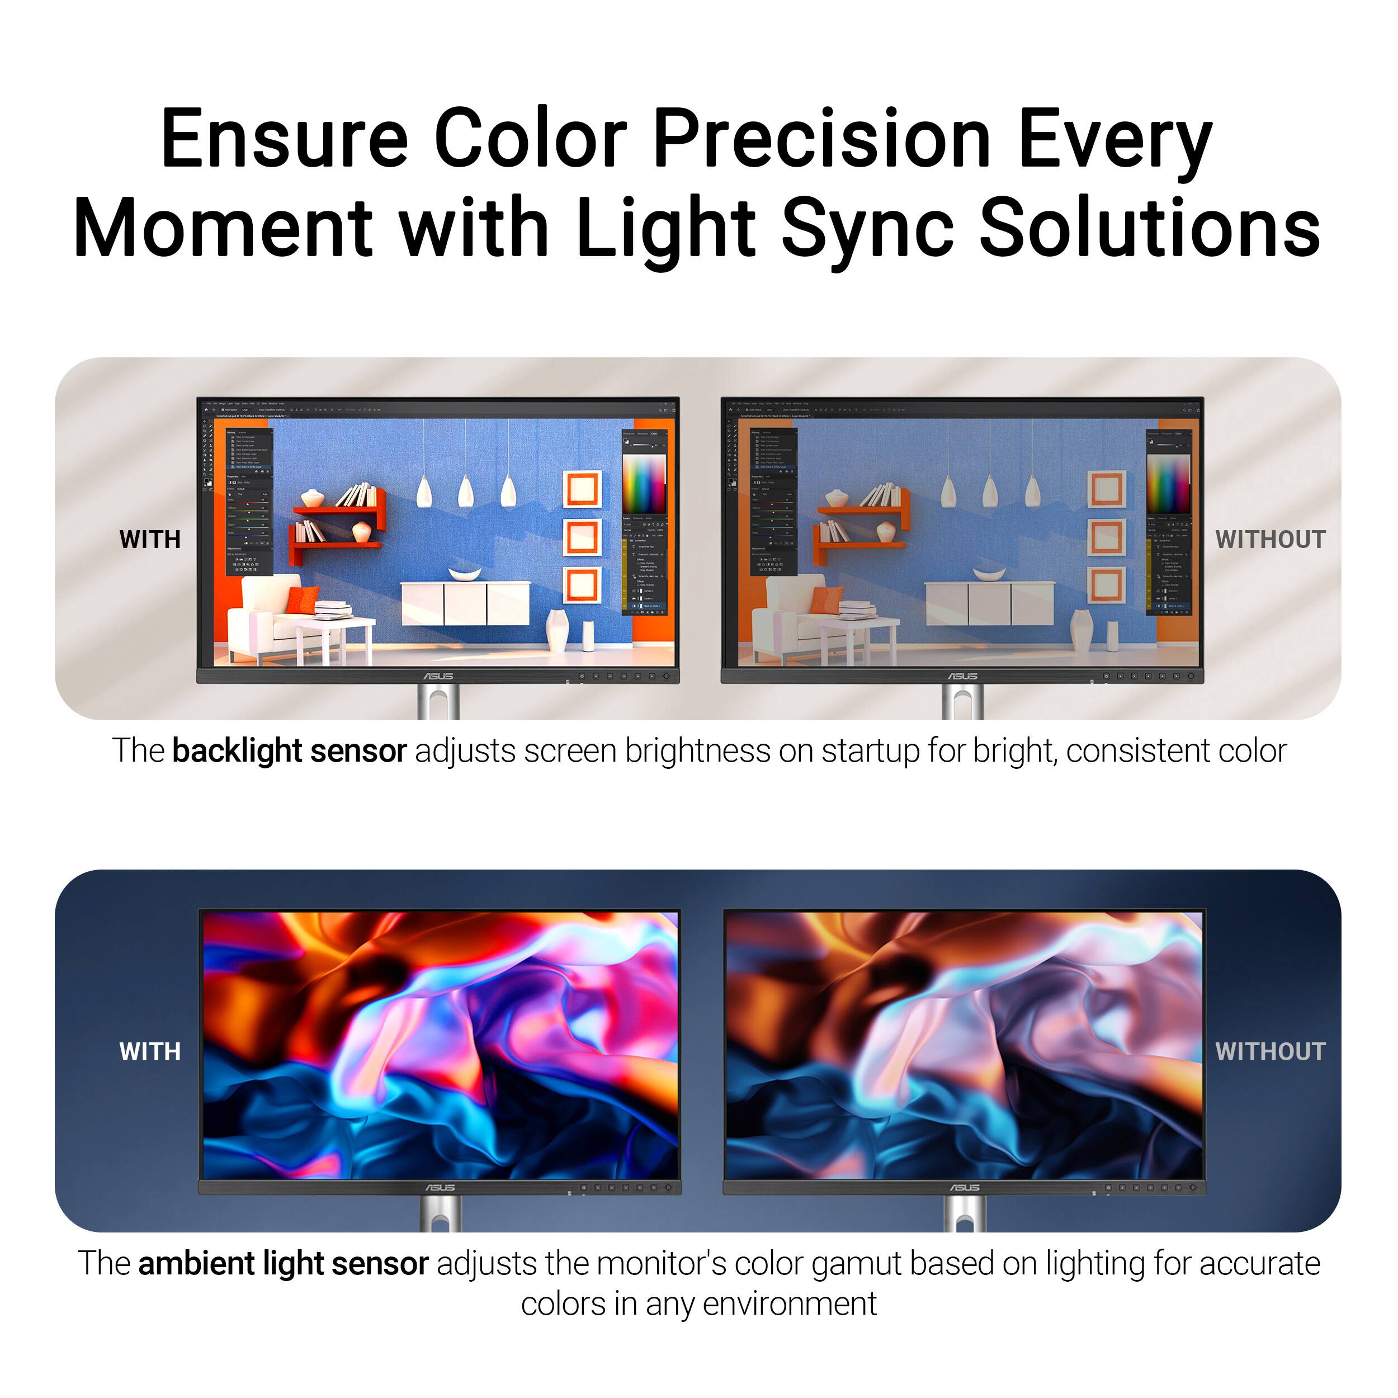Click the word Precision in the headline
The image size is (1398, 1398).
click(821, 138)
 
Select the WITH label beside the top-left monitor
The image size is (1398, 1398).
click(150, 540)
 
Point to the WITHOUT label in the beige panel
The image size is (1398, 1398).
click(1270, 540)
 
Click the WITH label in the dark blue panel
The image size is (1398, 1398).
click(150, 1051)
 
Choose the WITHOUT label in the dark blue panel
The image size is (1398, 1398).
click(1270, 1051)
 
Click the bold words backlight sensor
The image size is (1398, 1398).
click(290, 751)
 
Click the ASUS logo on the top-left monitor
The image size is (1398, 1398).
click(438, 676)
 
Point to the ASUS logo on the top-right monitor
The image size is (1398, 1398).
click(963, 676)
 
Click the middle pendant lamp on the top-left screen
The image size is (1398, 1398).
click(466, 492)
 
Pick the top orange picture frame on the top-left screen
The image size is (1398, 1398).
click(582, 489)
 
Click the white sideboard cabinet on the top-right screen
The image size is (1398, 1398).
click(990, 602)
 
